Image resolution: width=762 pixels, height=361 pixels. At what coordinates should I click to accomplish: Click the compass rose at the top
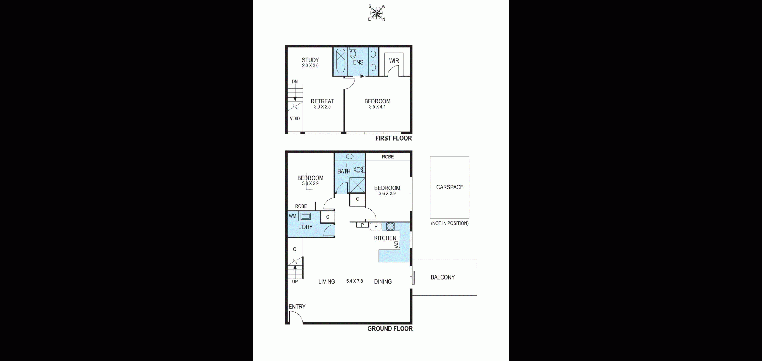pos(377,13)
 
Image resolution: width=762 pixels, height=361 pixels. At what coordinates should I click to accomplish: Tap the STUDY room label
pos(310,60)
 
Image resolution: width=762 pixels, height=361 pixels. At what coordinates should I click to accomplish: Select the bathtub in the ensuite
pos(341,61)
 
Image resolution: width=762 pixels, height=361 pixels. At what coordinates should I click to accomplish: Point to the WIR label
pos(394,61)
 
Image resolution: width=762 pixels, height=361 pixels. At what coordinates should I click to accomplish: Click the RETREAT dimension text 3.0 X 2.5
pos(322,107)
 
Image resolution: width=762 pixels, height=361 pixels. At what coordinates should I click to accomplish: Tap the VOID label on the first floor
pos(295,119)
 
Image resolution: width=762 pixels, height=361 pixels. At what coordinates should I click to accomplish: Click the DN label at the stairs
pos(295,81)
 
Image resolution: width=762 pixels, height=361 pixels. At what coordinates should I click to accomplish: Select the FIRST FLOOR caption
pos(394,138)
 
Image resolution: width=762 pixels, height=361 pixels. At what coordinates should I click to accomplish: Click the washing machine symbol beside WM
pos(305,216)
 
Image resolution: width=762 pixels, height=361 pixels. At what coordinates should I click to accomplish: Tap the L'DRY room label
pos(305,227)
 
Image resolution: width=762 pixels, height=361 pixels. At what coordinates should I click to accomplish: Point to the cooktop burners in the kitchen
pos(391,227)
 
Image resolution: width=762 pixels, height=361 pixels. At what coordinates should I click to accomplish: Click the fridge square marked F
pos(376,227)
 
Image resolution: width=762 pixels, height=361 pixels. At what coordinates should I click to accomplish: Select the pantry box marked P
pos(362,225)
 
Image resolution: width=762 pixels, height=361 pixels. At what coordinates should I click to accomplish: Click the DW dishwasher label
pos(396,245)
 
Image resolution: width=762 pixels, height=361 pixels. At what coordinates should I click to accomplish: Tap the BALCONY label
pos(443,277)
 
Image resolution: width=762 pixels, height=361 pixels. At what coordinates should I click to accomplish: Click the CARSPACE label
pos(450,187)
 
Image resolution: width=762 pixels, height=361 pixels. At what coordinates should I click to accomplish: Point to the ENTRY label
pos(297,307)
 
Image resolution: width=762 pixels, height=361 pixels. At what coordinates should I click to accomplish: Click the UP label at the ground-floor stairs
pos(295,282)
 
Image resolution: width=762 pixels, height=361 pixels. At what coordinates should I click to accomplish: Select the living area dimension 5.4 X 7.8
pos(355,281)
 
